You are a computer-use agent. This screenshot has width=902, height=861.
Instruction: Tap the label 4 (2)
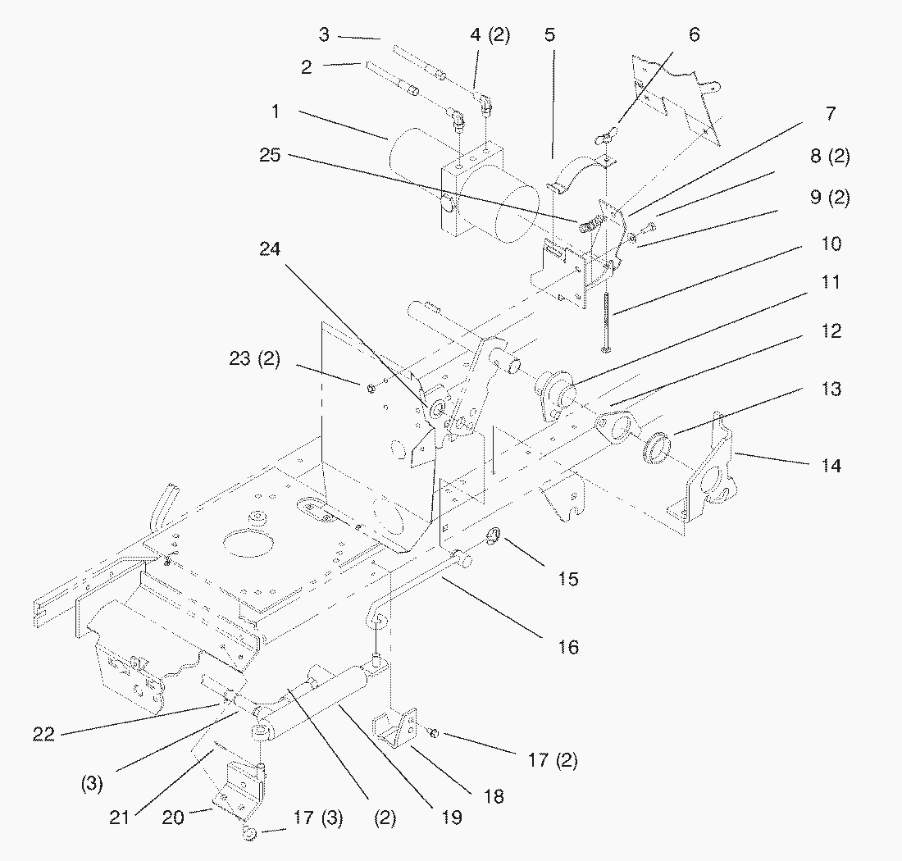click(x=490, y=36)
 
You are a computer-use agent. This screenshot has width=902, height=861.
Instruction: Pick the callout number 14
click(x=831, y=466)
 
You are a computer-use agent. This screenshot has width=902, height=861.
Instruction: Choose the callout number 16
click(x=567, y=647)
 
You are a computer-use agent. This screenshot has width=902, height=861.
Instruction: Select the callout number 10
click(x=831, y=244)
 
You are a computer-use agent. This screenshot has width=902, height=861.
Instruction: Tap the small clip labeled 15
click(x=494, y=539)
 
